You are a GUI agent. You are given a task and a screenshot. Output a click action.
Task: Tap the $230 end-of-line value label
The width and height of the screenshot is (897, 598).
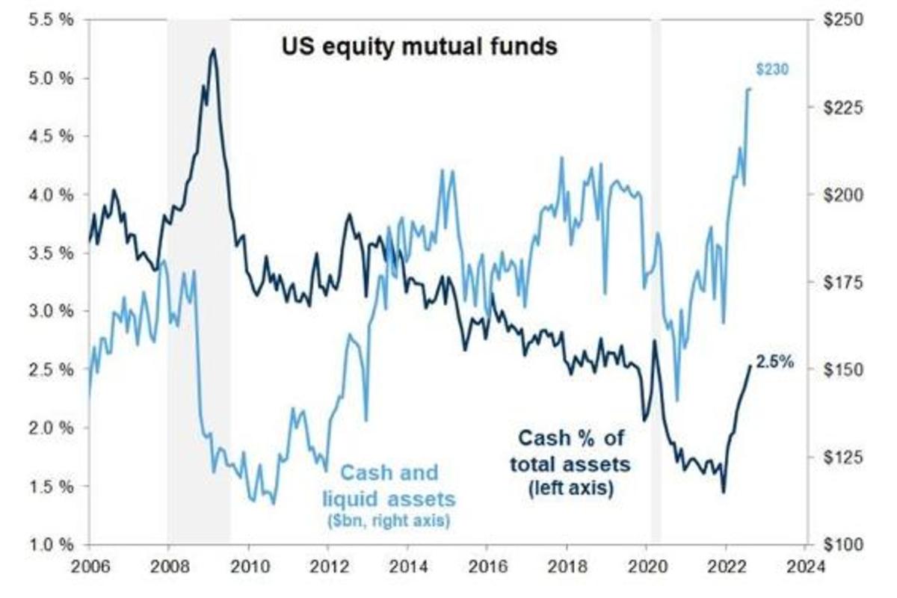[x=772, y=70]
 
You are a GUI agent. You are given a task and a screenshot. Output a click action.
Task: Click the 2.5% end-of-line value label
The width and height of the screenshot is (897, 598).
[x=774, y=363]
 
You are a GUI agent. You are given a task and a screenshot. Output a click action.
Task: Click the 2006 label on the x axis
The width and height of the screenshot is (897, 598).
[x=89, y=566]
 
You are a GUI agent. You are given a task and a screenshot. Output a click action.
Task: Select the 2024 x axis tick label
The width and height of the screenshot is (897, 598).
[x=806, y=566]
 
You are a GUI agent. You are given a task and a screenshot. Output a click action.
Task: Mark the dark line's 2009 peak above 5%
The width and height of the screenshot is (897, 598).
[x=214, y=49]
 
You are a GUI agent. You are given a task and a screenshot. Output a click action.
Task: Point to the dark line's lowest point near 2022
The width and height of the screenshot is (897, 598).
[x=723, y=491]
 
